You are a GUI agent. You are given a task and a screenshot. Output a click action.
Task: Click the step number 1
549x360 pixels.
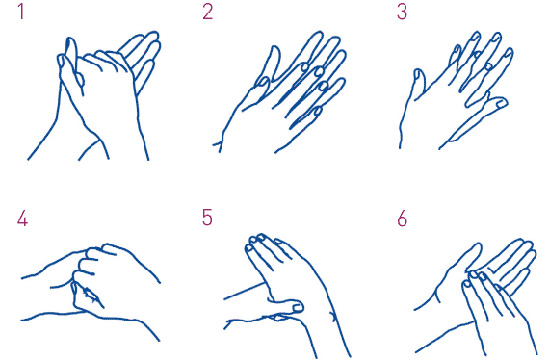(x=22, y=12)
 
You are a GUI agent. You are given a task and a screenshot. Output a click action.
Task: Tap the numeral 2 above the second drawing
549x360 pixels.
(x=207, y=12)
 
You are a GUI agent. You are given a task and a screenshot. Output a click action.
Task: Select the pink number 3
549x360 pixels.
(x=402, y=12)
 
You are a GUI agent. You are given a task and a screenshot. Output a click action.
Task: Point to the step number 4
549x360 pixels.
(x=22, y=219)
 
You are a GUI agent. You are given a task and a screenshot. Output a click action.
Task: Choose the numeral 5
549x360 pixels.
(x=207, y=218)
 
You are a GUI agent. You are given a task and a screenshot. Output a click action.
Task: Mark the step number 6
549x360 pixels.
(x=403, y=219)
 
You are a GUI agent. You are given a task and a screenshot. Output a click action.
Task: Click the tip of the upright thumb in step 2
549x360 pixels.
(x=274, y=47)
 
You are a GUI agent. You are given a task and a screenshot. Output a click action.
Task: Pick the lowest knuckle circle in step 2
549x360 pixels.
(x=317, y=112)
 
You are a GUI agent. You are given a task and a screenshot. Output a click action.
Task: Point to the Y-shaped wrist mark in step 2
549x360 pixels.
(x=219, y=145)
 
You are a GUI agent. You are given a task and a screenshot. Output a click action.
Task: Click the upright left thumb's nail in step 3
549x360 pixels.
(x=418, y=74)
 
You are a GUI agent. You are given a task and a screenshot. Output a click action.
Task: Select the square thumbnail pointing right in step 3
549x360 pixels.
(x=502, y=103)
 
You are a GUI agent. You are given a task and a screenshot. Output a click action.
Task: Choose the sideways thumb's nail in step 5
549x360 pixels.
(x=298, y=307)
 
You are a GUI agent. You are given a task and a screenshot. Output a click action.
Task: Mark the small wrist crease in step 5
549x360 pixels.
(x=333, y=317)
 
